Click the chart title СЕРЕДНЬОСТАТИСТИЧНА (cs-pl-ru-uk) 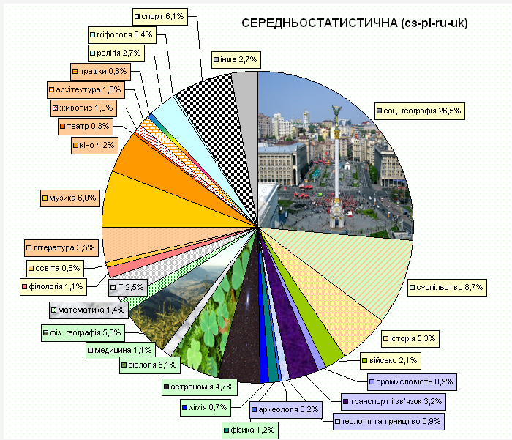pos(354,23)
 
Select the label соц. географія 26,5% pos(421,111)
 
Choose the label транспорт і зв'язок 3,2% pos(394,401)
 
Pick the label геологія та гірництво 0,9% pos(388,421)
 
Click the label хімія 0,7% pos(206,407)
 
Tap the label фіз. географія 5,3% pos(81,332)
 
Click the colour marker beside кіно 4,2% pos(76,146)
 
